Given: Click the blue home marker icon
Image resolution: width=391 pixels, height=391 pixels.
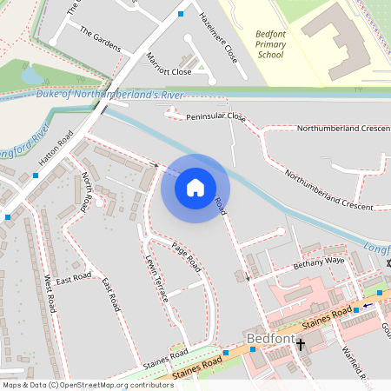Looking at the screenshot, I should (195, 187).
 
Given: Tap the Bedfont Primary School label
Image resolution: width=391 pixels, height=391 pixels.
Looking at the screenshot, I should (270, 44).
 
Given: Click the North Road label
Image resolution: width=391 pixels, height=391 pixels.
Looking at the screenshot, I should (86, 191).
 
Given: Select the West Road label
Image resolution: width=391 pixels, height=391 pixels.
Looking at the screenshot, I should (50, 295).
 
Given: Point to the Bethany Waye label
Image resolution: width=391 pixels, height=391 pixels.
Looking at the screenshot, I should (319, 261).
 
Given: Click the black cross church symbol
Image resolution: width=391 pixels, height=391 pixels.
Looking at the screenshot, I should (301, 345).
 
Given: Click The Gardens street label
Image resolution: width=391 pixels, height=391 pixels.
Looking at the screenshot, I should (100, 38).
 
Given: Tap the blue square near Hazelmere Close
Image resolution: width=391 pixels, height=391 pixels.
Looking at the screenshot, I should (181, 14).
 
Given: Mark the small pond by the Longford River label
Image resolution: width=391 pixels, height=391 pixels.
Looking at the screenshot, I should (33, 76).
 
